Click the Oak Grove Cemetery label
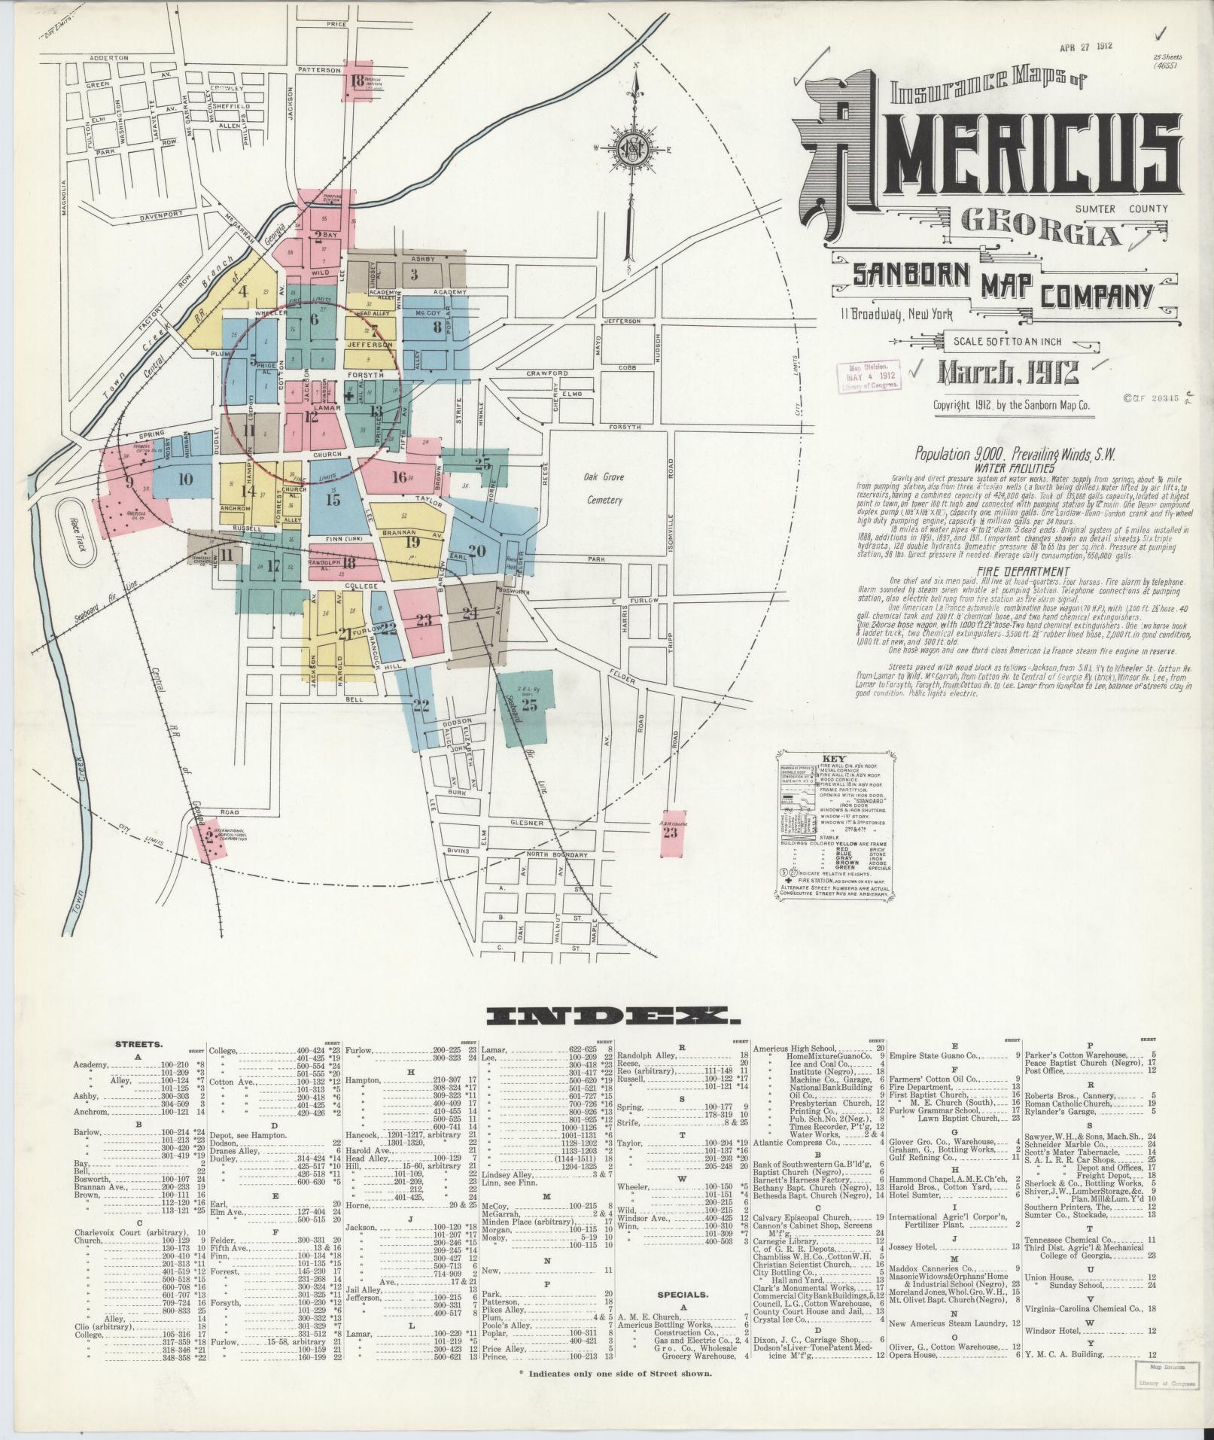point(604,489)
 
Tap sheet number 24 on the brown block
point(470,613)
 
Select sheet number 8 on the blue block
point(437,327)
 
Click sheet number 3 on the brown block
point(415,274)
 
